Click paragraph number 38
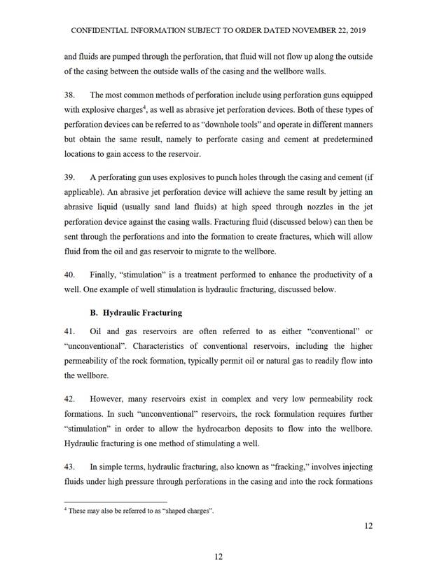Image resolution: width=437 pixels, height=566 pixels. (x=69, y=95)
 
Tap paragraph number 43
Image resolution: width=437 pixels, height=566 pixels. (x=69, y=466)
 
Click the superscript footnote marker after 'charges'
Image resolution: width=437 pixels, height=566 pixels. (x=143, y=106)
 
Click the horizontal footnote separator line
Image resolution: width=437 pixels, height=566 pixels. (x=115, y=502)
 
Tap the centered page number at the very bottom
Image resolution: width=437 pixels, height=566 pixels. (x=218, y=556)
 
